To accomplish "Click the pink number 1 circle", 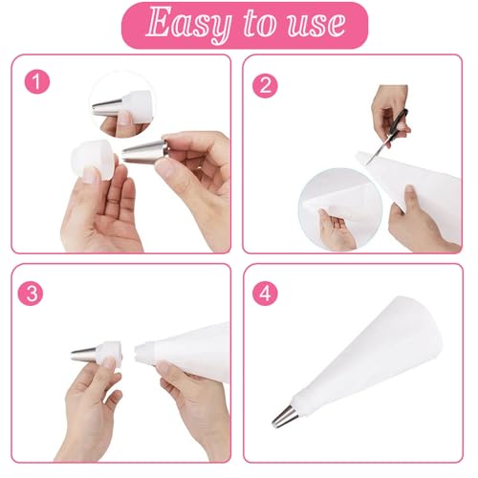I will pos(38,82).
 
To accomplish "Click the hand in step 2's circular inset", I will pos(335,229).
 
